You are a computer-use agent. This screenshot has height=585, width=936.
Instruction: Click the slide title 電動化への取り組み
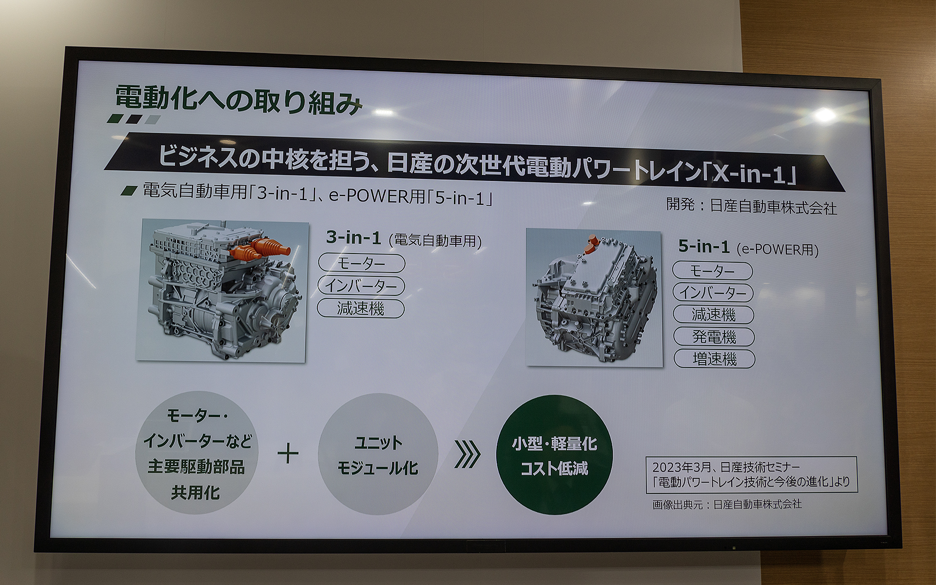[238, 101]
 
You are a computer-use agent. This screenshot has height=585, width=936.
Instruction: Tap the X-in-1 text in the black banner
[754, 174]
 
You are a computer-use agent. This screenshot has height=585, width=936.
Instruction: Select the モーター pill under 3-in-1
[361, 263]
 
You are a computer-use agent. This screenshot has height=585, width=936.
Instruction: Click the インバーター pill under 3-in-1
[361, 286]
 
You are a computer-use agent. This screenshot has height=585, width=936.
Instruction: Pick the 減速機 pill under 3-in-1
[361, 309]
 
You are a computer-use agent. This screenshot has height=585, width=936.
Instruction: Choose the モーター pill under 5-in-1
[712, 271]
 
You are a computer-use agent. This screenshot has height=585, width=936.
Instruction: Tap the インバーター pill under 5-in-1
[713, 292]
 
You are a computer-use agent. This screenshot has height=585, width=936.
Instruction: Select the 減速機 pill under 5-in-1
[713, 314]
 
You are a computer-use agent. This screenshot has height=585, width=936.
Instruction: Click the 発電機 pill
[714, 337]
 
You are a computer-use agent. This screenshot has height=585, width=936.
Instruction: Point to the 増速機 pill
[714, 359]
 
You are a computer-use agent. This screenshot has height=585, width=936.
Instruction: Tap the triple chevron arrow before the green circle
[467, 455]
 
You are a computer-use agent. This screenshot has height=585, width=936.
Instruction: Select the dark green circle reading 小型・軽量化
[554, 455]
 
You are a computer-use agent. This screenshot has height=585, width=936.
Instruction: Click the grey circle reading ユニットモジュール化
[378, 454]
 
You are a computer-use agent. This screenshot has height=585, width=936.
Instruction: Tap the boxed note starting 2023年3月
[751, 474]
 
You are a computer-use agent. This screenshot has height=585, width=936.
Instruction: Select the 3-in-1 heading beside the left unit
[353, 238]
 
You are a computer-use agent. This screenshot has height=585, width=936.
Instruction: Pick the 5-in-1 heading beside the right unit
[704, 247]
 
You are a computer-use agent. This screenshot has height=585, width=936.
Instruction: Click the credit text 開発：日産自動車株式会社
[751, 206]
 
